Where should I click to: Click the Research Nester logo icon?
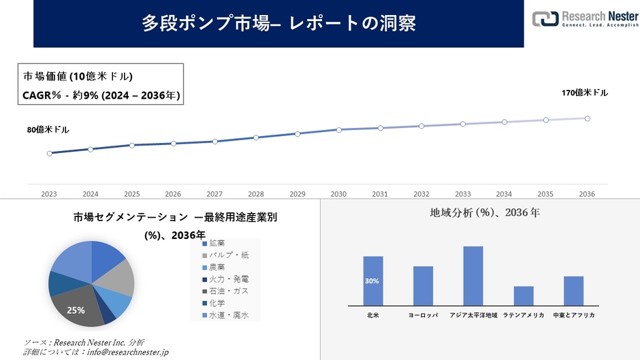pyautogui.click(x=545, y=19)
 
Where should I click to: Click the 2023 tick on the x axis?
pyautogui.click(x=49, y=194)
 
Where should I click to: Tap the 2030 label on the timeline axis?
pyautogui.click(x=338, y=194)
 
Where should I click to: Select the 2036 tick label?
pyautogui.click(x=587, y=194)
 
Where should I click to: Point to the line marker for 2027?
pyautogui.click(x=214, y=142)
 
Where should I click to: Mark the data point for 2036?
pyautogui.click(x=587, y=118)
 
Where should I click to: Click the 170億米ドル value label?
pyautogui.click(x=585, y=93)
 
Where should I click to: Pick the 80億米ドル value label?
pyautogui.click(x=48, y=129)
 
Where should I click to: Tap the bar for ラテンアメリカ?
pyautogui.click(x=524, y=296)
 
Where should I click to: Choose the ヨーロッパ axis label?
pyautogui.click(x=423, y=316)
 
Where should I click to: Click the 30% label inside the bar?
pyautogui.click(x=372, y=281)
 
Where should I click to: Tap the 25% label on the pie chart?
pyautogui.click(x=76, y=310)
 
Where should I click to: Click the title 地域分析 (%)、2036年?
pyautogui.click(x=485, y=213)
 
